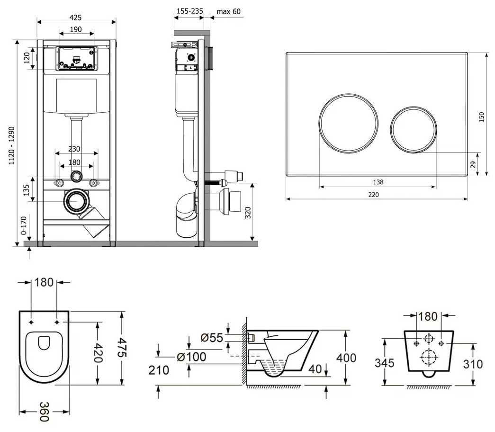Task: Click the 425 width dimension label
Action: pos(75,18)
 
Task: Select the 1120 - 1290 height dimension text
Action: pos(12,145)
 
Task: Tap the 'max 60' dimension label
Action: pos(229,12)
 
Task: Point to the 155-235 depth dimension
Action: pos(190,11)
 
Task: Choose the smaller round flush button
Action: pos(414,129)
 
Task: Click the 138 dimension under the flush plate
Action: pos(378,182)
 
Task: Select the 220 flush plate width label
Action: pos(373,195)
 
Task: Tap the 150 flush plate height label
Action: pos(481,117)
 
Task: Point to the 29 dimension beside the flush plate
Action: pos(473,164)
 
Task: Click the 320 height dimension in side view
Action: pos(248,213)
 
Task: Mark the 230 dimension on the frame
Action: pos(74,149)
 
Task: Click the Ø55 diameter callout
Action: pos(212,338)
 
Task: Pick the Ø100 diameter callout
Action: pos(192,357)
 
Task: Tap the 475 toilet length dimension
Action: pos(122,348)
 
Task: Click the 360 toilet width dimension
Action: pos(44,412)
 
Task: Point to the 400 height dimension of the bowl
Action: pos(346,358)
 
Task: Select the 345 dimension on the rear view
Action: pos(385,363)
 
